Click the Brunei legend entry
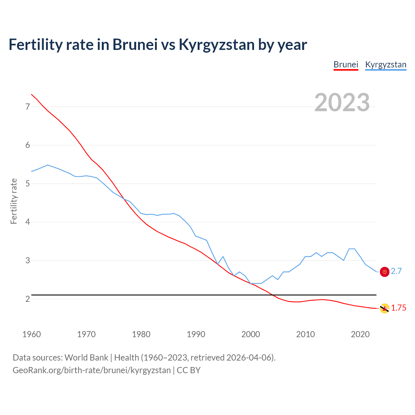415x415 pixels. [x=346, y=65]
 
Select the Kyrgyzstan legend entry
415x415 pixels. [x=385, y=65]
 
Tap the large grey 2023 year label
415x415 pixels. [x=342, y=102]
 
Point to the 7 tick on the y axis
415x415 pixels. [x=28, y=107]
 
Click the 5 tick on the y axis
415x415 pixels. [x=28, y=184]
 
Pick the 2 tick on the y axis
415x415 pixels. [x=28, y=299]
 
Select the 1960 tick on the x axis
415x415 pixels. [x=31, y=334]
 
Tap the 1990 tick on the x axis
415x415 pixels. [x=196, y=334]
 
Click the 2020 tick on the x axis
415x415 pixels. [x=360, y=334]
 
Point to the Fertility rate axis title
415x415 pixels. [x=14, y=201]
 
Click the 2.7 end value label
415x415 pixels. [x=396, y=271]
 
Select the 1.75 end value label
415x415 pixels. [x=398, y=308]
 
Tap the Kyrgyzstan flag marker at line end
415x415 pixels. [x=385, y=272]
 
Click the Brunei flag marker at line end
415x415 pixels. [x=385, y=308]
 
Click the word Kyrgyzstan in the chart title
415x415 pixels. [x=217, y=45]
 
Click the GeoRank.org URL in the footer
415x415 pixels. [x=91, y=370]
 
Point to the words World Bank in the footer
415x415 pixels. [x=86, y=358]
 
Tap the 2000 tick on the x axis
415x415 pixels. [x=251, y=334]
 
